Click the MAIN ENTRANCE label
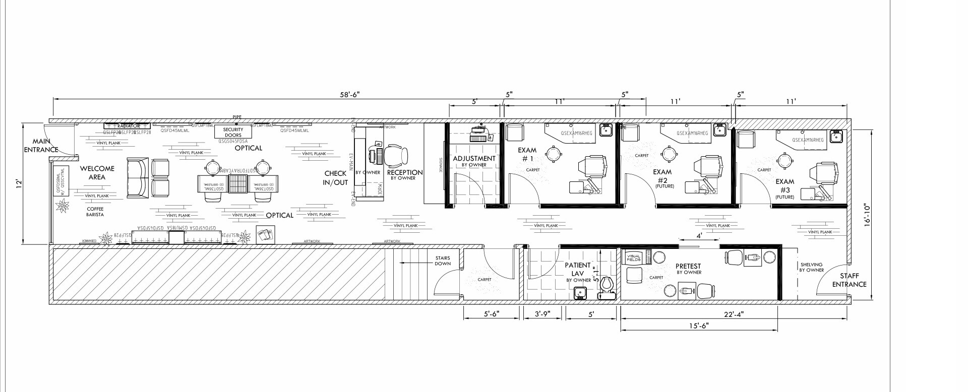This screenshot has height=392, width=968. click(x=41, y=146)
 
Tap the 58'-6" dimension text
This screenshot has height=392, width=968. click(x=350, y=94)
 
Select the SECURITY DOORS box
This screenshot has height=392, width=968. click(x=233, y=132)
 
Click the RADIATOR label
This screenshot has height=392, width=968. click(x=128, y=126)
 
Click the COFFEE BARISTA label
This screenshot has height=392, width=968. click(x=95, y=212)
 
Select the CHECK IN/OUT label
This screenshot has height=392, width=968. click(x=336, y=177)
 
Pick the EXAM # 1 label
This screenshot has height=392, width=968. click(x=528, y=154)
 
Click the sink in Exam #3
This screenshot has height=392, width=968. click(x=837, y=136)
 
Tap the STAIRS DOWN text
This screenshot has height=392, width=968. click(x=443, y=260)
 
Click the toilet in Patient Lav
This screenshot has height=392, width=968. click(x=606, y=288)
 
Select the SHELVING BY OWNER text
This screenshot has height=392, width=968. click(x=811, y=267)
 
